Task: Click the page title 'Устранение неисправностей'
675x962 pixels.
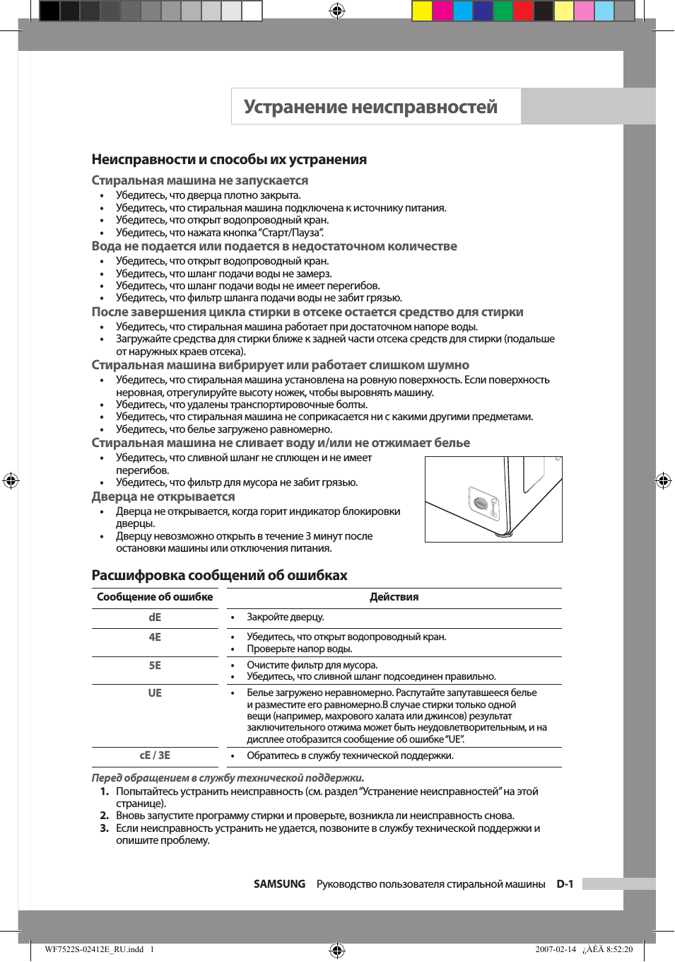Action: click(370, 107)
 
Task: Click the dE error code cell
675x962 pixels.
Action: click(155, 618)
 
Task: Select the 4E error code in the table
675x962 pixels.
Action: click(155, 637)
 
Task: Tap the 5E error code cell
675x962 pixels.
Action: click(155, 666)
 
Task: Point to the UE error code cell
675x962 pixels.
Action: click(155, 693)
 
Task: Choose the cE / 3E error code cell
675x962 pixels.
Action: click(155, 755)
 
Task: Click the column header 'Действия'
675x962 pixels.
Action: click(394, 598)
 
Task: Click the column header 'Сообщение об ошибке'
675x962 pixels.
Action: click(155, 598)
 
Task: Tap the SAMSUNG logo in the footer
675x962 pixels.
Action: click(279, 884)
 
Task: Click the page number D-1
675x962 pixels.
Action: click(565, 884)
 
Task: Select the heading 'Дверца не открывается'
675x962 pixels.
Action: click(163, 497)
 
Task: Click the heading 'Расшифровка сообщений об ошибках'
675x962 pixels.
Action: click(219, 575)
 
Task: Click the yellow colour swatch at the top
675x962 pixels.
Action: click(422, 11)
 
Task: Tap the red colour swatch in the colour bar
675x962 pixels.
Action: click(523, 11)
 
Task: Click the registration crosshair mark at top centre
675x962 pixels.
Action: click(337, 11)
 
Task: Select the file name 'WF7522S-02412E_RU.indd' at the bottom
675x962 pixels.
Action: click(94, 949)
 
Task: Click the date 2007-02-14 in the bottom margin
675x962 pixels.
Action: click(556, 949)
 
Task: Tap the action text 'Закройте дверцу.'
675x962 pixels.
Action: click(285, 618)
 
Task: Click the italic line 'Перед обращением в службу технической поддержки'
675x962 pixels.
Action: click(228, 778)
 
